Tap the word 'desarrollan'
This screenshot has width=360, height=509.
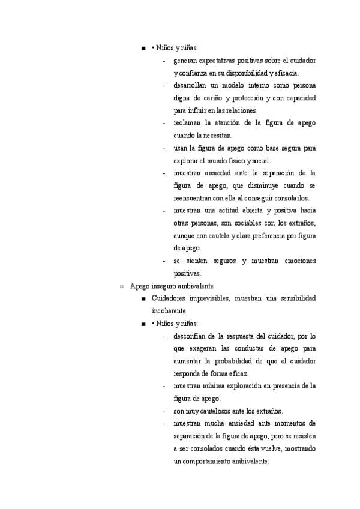pyautogui.click(x=192, y=86)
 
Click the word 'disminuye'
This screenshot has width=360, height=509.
pyautogui.click(x=260, y=185)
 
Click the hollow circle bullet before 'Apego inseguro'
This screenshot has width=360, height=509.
pyautogui.click(x=122, y=286)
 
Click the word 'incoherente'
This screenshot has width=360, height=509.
pyautogui.click(x=170, y=311)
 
